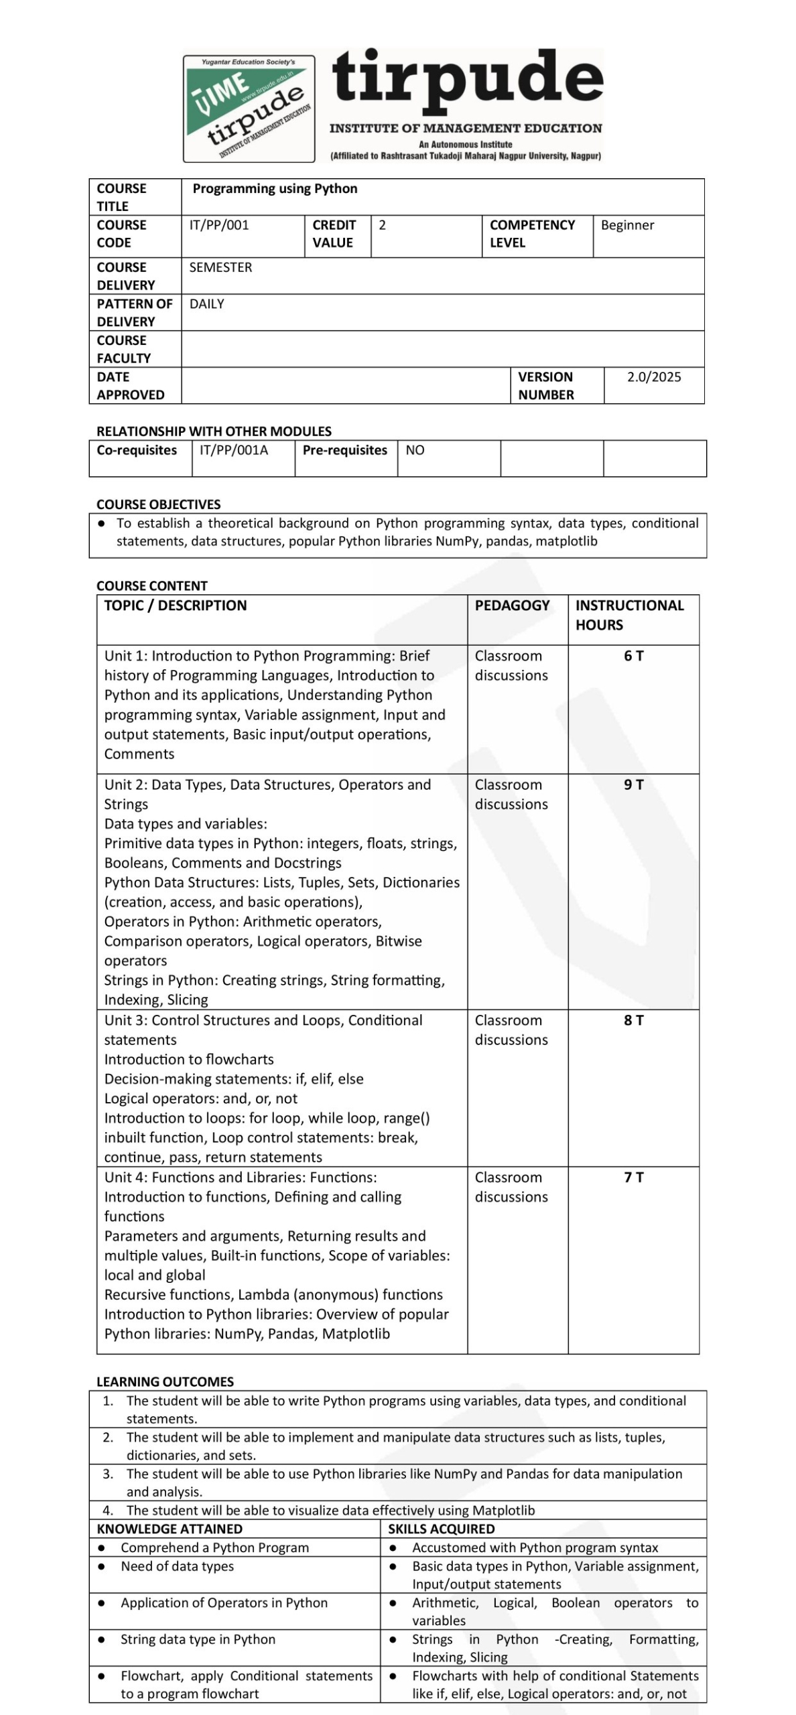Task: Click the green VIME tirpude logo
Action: [249, 109]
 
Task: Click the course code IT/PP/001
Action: [219, 225]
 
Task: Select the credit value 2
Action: [383, 225]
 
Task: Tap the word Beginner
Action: [627, 225]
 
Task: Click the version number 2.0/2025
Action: [653, 377]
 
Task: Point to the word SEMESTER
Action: [220, 267]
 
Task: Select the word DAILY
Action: [206, 304]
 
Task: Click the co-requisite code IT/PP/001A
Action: [234, 450]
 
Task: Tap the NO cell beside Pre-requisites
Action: [415, 450]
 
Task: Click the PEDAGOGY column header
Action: [512, 606]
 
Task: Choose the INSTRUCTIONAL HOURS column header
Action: [629, 615]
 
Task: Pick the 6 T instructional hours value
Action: [633, 656]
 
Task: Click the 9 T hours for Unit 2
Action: [633, 784]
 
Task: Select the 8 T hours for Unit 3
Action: [633, 1020]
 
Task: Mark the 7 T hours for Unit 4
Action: [633, 1177]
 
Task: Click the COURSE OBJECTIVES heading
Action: [158, 504]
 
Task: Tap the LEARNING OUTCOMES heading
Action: [165, 1381]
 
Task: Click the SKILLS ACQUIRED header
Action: [441, 1529]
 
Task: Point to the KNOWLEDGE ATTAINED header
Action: [170, 1529]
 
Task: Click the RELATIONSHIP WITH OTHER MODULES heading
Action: [214, 431]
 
